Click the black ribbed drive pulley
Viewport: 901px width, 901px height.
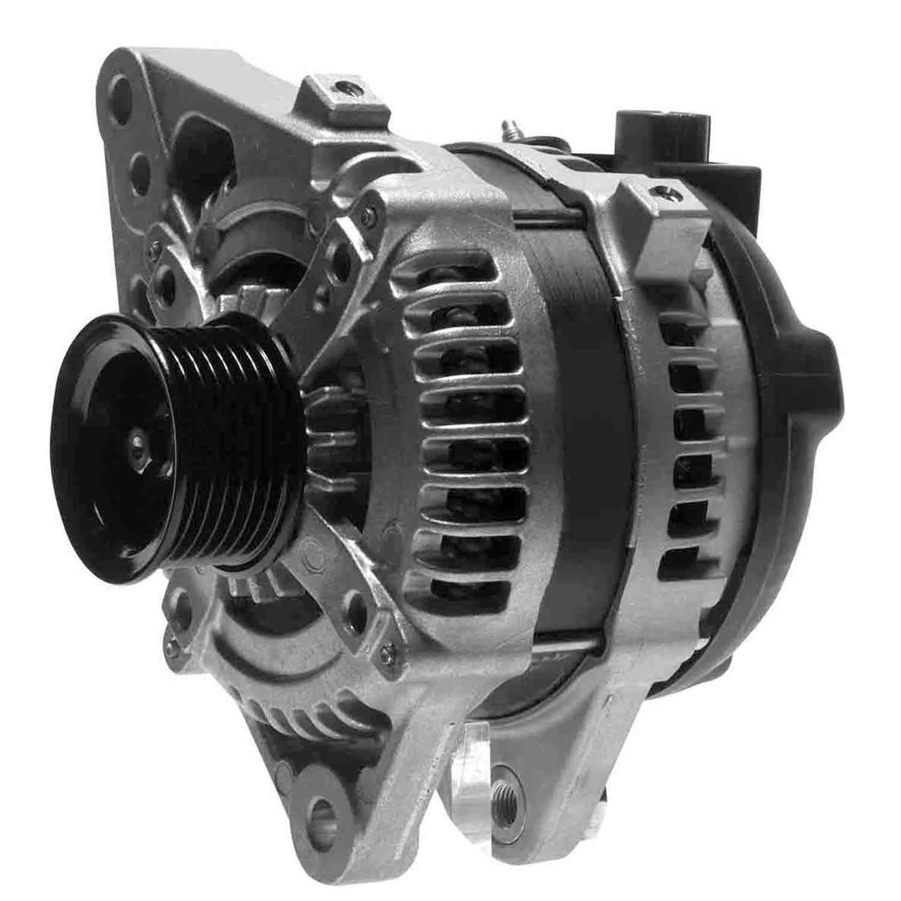click(180, 444)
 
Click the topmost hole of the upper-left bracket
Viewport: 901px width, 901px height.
click(122, 89)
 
